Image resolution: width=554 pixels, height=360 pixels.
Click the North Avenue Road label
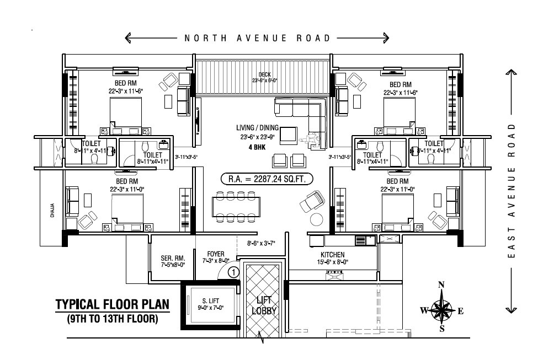[257, 38]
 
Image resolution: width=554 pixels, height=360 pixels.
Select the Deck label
[265, 75]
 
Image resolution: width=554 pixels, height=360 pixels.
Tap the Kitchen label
[332, 255]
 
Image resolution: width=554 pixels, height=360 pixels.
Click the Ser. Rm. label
[173, 259]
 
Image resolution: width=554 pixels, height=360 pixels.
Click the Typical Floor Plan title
[112, 305]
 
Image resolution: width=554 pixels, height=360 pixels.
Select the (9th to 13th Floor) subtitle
[112, 319]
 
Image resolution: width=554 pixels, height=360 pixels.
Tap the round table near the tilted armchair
[316, 219]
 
